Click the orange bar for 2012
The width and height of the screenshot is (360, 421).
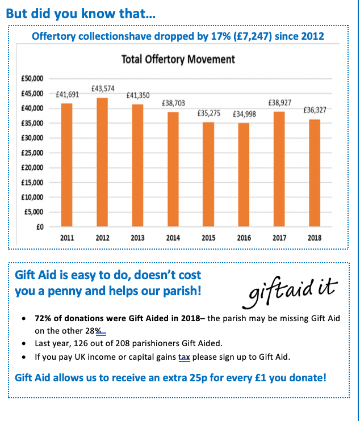[x=102, y=162]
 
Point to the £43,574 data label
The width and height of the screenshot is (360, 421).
[x=103, y=89]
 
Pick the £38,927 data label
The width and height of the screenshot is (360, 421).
[x=279, y=103]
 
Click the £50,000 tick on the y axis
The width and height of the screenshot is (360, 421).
[x=35, y=78]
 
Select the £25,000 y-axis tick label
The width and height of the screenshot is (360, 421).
[x=35, y=153]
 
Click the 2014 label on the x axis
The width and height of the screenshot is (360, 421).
[x=173, y=238]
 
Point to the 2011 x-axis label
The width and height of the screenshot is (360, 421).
[x=67, y=238]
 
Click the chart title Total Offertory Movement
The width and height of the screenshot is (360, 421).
[x=178, y=59]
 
